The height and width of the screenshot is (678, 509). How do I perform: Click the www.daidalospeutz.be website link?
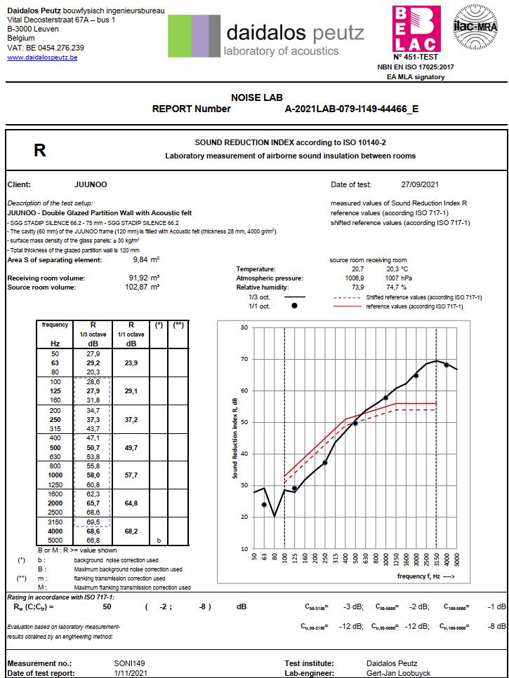pyautogui.click(x=42, y=57)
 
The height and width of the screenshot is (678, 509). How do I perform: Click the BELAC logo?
pyautogui.click(x=416, y=27)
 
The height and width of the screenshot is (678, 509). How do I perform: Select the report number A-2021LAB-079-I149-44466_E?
pyautogui.click(x=351, y=109)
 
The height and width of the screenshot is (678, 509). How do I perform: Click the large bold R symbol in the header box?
pyautogui.click(x=40, y=150)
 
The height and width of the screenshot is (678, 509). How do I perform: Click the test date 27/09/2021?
pyautogui.click(x=420, y=185)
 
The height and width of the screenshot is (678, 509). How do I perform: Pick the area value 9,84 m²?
pyautogui.click(x=147, y=260)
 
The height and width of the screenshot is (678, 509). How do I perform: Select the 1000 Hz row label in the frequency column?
pyautogui.click(x=55, y=475)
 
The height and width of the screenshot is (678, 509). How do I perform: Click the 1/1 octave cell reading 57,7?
pyautogui.click(x=131, y=475)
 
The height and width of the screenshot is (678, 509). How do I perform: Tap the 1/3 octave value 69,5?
pyautogui.click(x=93, y=523)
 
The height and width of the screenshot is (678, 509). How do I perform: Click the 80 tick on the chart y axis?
pyautogui.click(x=244, y=327)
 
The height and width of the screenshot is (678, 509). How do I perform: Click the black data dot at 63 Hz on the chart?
pyautogui.click(x=264, y=505)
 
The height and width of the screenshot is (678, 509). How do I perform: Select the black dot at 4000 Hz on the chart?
pyautogui.click(x=447, y=365)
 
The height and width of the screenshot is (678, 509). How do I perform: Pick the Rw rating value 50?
pyautogui.click(x=107, y=606)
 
